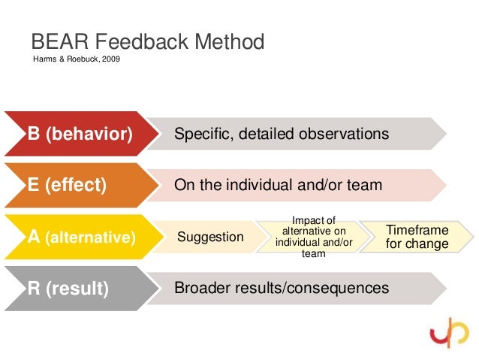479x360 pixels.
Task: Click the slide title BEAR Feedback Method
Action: point(147,41)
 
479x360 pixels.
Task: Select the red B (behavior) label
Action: point(80,135)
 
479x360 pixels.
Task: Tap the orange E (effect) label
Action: point(67,186)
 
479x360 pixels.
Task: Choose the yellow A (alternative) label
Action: point(81,237)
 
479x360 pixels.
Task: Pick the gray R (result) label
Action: point(68,289)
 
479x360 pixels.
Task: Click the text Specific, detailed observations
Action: point(282,135)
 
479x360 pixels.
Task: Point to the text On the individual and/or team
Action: point(278,186)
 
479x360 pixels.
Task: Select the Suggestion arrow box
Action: point(210,237)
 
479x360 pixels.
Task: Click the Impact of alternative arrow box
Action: point(313,237)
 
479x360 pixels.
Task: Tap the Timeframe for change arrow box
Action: point(417,237)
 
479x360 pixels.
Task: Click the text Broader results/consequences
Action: point(282,288)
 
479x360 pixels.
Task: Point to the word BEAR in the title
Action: point(55,41)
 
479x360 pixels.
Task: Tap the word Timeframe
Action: point(417,231)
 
